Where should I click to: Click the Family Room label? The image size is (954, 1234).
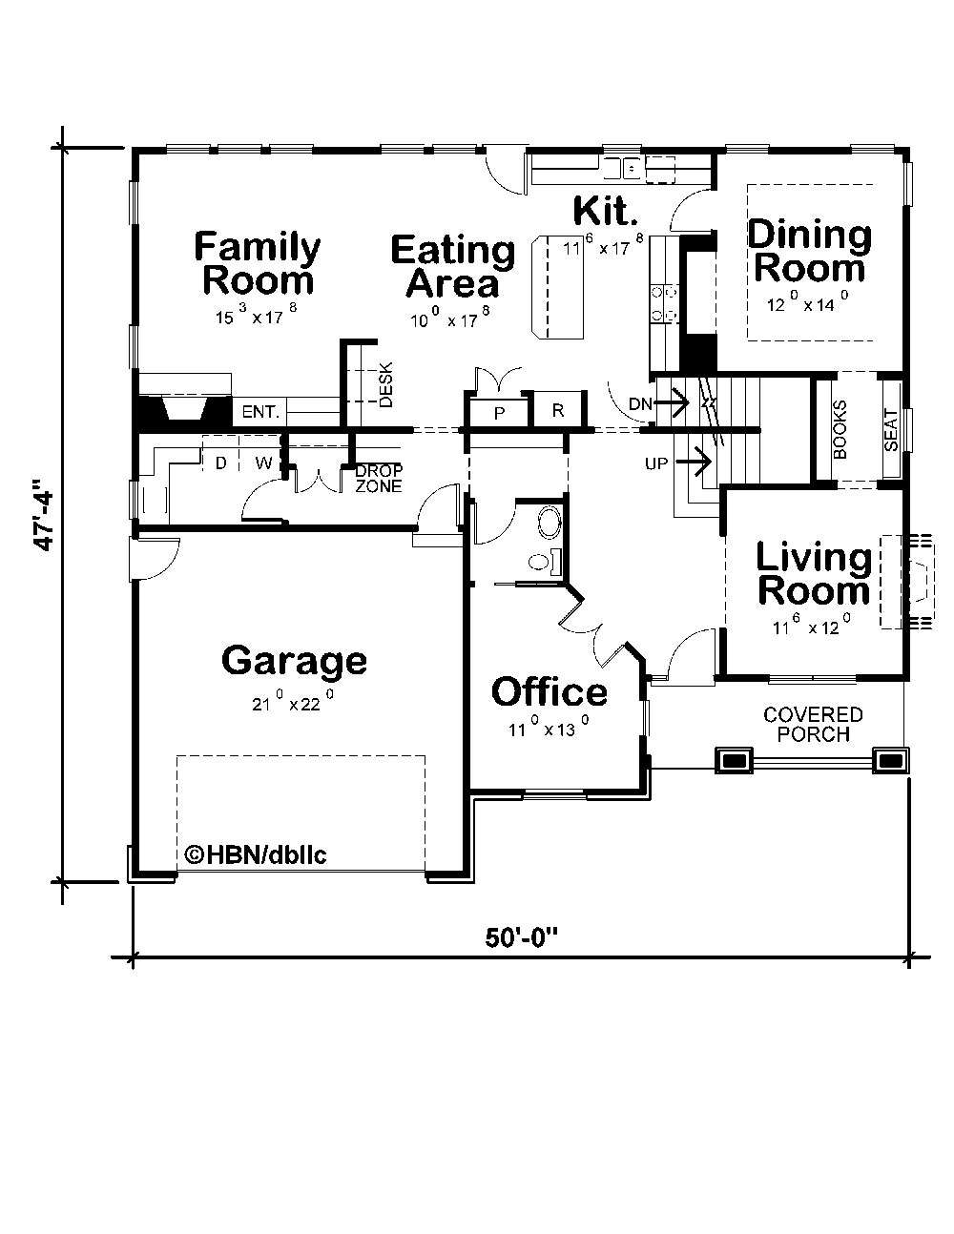258,264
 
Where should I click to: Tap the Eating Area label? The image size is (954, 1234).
452,267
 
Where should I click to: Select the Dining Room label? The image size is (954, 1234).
809,251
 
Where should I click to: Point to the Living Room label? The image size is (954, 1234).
813,574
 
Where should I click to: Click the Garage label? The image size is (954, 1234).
294,660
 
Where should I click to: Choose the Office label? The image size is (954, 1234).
549,691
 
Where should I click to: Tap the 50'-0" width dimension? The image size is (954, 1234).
521,937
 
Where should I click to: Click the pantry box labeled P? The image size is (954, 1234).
498,412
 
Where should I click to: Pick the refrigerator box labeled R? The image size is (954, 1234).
558,411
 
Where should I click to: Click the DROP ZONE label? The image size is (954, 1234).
379,478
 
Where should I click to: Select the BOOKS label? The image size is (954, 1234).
840,430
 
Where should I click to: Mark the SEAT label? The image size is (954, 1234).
891,429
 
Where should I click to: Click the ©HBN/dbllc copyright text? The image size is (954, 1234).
255,854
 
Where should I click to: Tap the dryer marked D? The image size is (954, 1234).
220,463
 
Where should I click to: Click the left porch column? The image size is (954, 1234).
734,760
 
